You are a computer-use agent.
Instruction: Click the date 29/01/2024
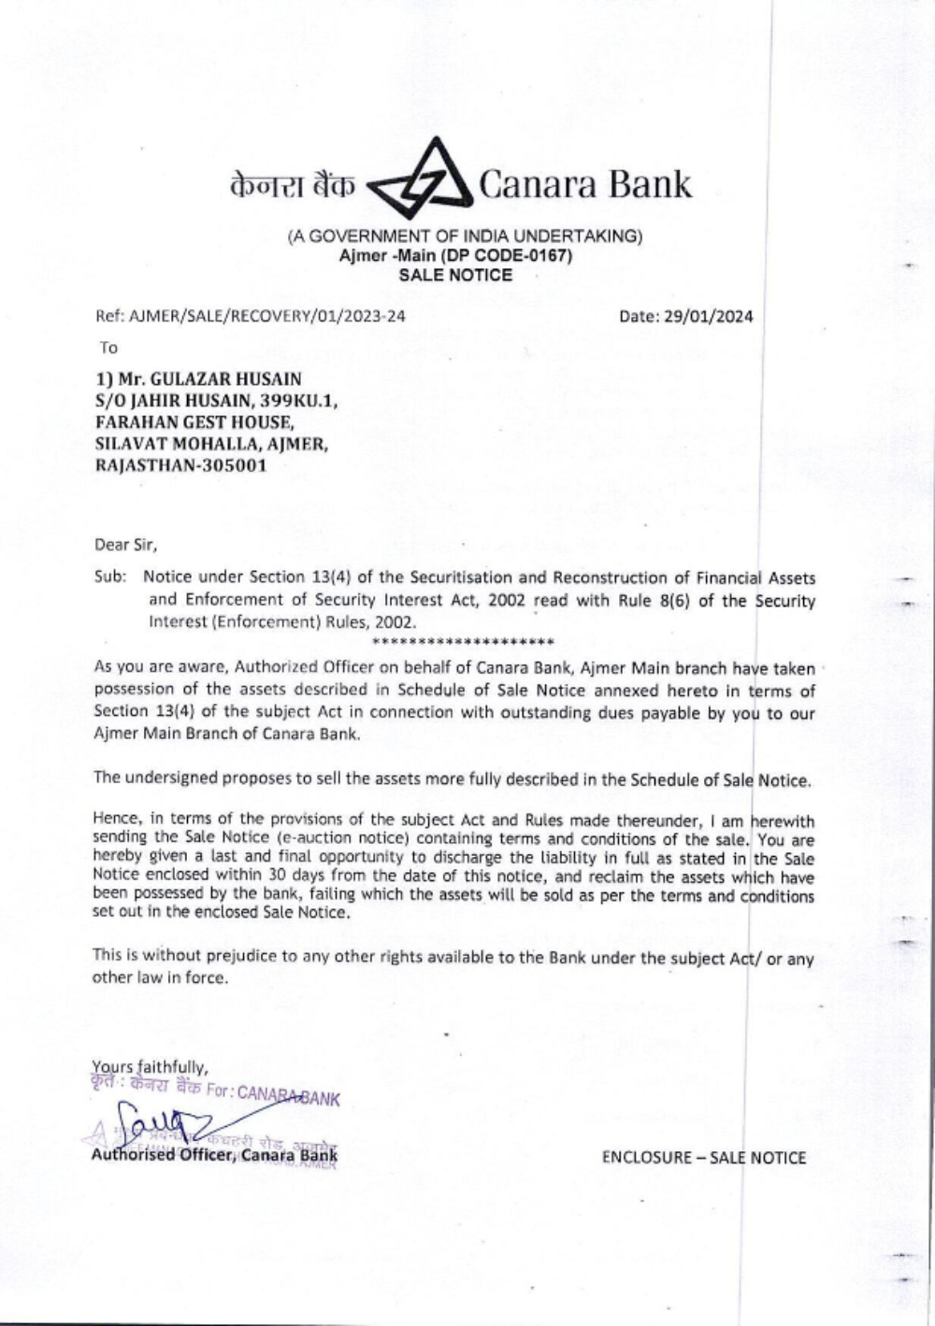coord(709,316)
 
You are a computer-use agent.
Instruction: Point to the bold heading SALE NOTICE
coord(455,275)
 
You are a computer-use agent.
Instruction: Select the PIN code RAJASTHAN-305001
coord(180,464)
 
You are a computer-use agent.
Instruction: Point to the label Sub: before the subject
coord(109,577)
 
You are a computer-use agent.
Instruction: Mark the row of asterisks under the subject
coord(463,641)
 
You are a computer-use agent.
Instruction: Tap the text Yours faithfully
coord(150,1066)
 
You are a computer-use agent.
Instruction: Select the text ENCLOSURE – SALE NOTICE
coord(703,1158)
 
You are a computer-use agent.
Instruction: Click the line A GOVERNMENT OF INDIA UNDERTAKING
coord(465,236)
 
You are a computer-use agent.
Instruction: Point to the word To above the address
coord(108,348)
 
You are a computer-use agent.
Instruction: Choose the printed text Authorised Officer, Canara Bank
coord(214,1156)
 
